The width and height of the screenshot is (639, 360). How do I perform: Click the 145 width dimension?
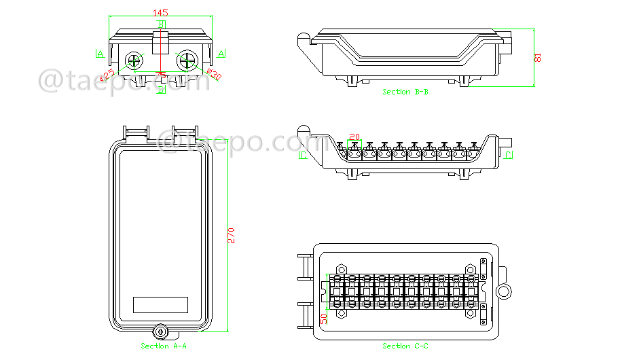coord(160,13)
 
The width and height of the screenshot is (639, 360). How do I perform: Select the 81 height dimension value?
coord(538,58)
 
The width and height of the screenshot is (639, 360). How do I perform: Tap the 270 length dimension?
coord(231,235)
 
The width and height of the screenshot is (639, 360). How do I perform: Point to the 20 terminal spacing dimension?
coord(354,136)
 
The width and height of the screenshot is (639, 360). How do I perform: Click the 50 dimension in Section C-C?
coord(324,317)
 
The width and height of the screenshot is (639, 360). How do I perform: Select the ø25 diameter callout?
coord(108,74)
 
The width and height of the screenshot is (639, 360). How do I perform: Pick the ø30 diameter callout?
coord(213,73)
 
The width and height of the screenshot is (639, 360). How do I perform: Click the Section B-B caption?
coord(405,92)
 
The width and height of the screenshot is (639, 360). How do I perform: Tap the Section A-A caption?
coord(164,346)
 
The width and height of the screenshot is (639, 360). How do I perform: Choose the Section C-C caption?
coord(405,346)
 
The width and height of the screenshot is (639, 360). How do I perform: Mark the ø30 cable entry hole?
coord(186,60)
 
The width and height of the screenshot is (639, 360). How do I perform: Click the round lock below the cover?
coord(161,331)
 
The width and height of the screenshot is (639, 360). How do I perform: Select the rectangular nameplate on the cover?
coord(160,304)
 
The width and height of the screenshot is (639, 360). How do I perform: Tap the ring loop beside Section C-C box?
coord(505,291)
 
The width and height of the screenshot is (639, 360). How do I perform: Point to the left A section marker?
coord(100,54)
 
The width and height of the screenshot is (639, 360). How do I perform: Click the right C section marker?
coord(508,156)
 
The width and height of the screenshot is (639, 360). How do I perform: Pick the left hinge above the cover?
coord(135,132)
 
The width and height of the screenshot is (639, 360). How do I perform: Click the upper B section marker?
coord(161,24)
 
